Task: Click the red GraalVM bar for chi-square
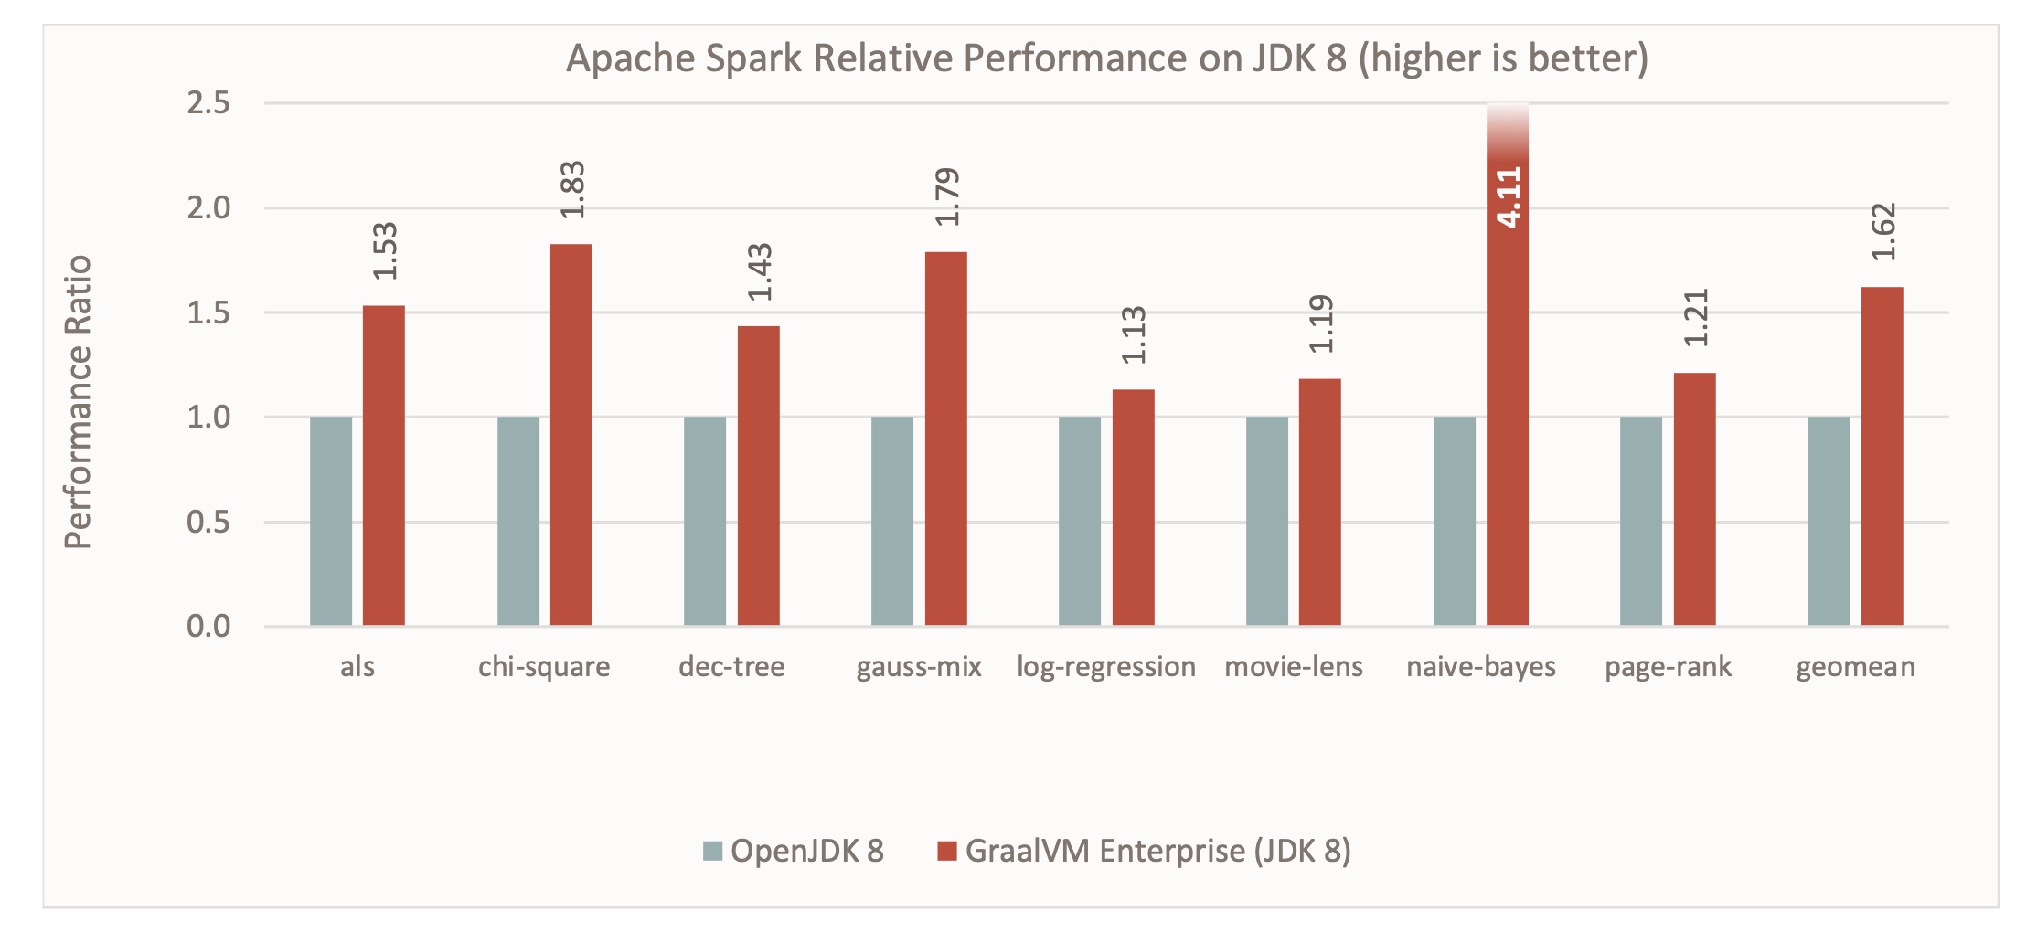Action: click(x=571, y=435)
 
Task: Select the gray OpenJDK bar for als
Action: click(x=330, y=521)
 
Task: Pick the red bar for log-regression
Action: click(x=1133, y=508)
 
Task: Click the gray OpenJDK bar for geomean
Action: click(x=1828, y=521)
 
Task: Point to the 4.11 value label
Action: click(x=1509, y=196)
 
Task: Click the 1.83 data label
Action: click(x=572, y=190)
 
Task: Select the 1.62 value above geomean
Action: click(x=1883, y=232)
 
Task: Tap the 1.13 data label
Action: click(x=1134, y=335)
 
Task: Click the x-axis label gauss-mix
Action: click(x=918, y=667)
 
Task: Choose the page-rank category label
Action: click(x=1668, y=667)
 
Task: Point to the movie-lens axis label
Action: click(x=1293, y=667)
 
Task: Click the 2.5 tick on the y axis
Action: click(x=208, y=103)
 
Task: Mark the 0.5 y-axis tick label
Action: click(x=208, y=522)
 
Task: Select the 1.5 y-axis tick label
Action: click(x=208, y=312)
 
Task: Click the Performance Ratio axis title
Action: click(x=79, y=402)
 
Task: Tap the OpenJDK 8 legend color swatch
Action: click(x=712, y=852)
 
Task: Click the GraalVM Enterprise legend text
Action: click(x=1157, y=852)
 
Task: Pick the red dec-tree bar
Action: click(x=758, y=475)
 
